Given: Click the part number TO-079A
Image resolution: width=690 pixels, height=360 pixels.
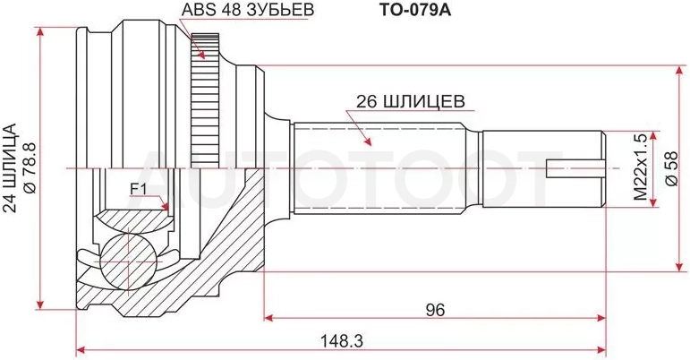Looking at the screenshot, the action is click(415, 10).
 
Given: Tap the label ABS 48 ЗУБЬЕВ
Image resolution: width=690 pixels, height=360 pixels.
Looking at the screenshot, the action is click(248, 10).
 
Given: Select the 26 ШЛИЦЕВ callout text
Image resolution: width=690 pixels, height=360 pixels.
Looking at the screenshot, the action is click(410, 102).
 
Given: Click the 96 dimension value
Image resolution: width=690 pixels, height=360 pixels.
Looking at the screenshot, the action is click(435, 309).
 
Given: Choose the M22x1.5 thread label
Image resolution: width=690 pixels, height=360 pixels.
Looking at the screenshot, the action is click(641, 167).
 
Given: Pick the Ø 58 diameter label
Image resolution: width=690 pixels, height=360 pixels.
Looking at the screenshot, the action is click(671, 168).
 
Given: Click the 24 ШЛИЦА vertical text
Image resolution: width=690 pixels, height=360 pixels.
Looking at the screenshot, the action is click(11, 168).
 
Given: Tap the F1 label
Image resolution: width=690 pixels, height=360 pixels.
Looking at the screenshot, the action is click(137, 189).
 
